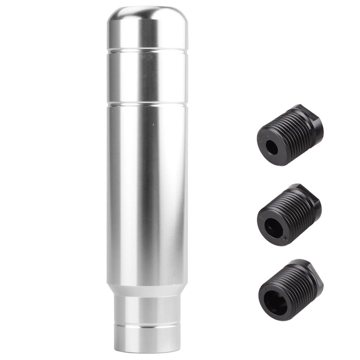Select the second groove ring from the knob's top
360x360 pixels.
pos(147,104)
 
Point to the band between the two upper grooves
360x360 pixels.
pos(147,77)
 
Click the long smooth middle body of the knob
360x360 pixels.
pos(147,191)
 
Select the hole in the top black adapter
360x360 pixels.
pos(272,147)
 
